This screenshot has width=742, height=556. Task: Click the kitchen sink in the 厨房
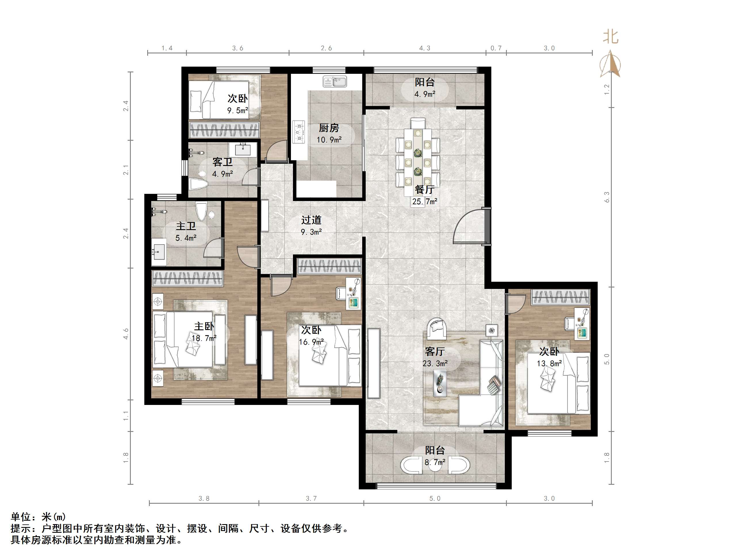point(334,82)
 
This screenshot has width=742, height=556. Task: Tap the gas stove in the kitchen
point(299,132)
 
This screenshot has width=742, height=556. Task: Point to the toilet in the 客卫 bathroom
point(199,184)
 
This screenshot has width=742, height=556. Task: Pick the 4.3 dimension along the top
point(424,48)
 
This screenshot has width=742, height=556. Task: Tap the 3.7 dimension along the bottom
point(311,498)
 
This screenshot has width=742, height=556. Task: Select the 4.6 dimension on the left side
point(126,333)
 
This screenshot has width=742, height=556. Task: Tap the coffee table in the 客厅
point(440,382)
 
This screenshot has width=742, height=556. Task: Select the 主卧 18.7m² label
point(204,332)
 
